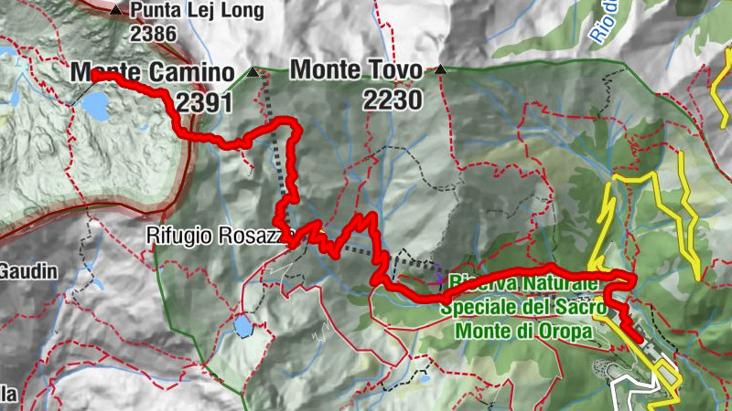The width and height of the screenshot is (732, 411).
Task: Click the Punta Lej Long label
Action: [197, 12]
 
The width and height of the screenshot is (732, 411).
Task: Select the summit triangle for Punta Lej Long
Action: [115, 11]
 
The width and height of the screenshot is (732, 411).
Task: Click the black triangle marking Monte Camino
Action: [253, 70]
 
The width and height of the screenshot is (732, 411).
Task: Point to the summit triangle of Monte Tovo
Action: [441, 69]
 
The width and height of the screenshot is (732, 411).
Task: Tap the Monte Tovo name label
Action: [356, 70]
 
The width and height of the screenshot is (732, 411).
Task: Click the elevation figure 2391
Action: [205, 103]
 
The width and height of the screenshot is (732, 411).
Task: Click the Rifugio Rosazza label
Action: [218, 236]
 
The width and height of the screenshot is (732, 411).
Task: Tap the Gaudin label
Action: [27, 271]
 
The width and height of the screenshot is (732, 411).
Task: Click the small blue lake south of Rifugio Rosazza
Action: [242, 325]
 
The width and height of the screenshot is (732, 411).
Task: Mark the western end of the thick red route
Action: [94, 75]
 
